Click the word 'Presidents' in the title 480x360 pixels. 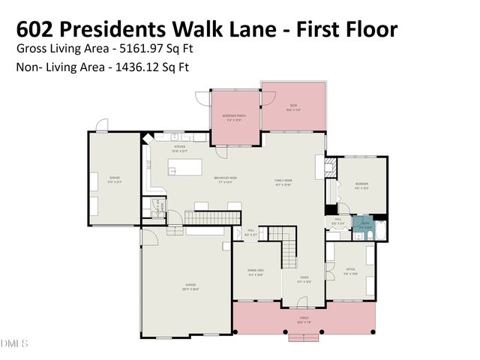[130, 29]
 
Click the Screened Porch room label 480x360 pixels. [234, 118]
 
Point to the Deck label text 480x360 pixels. [293, 107]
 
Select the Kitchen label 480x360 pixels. [179, 148]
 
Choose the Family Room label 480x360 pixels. [283, 181]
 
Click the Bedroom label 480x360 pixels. [362, 185]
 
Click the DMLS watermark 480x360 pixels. [14, 343]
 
